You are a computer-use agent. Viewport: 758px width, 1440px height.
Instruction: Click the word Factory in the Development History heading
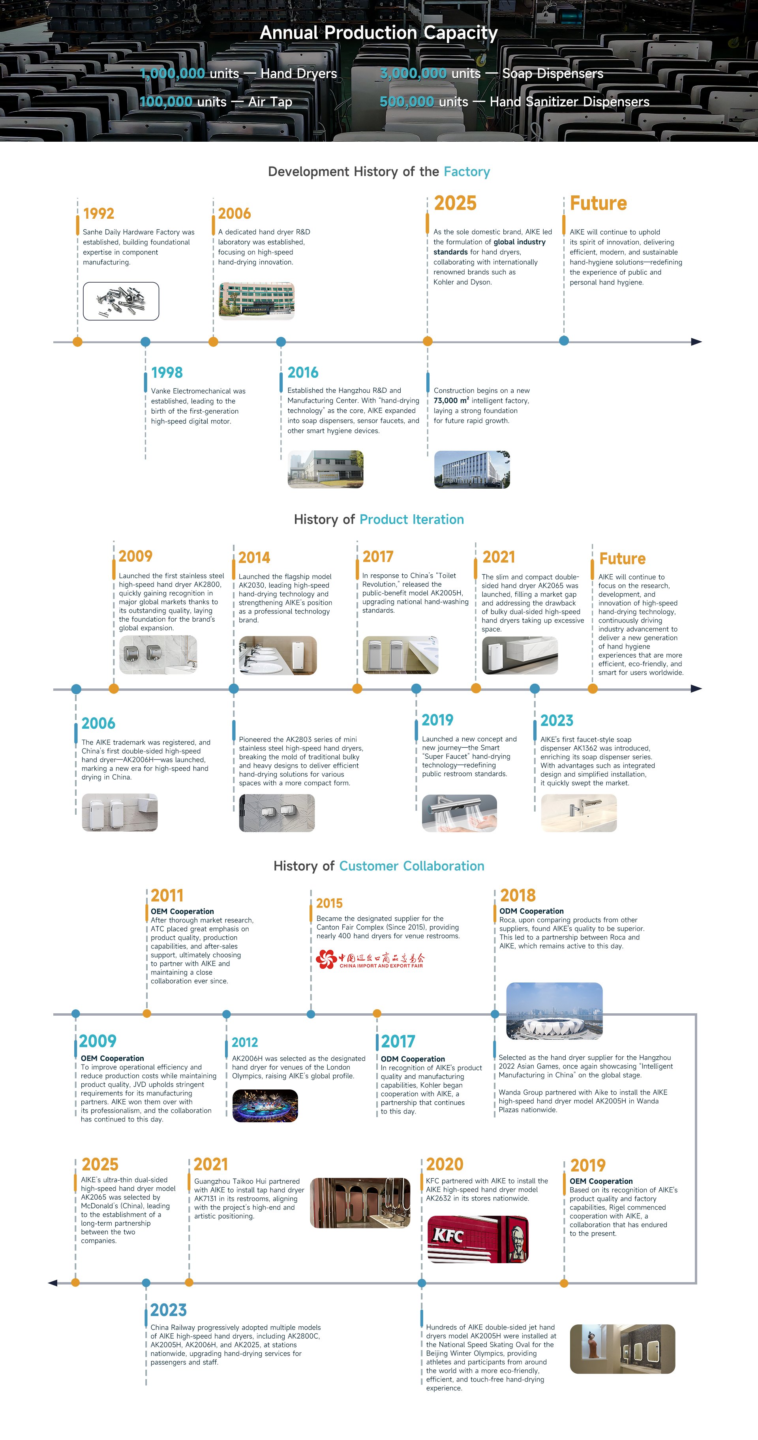[467, 172]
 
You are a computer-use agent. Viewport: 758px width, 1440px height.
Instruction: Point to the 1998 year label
[167, 372]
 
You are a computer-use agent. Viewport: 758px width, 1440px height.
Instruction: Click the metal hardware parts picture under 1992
[121, 301]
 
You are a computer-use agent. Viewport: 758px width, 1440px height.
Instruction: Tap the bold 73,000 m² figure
[451, 401]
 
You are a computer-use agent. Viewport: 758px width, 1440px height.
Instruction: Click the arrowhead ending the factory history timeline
[696, 341]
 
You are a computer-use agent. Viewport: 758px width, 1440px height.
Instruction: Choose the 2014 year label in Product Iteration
[254, 557]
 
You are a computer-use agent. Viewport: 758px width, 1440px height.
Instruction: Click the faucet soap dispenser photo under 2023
[578, 813]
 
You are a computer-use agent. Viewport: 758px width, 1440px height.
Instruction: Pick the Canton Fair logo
[370, 959]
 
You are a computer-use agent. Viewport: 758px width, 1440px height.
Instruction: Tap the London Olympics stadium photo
[265, 1106]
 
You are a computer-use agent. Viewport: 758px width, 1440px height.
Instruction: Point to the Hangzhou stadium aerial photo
[554, 1010]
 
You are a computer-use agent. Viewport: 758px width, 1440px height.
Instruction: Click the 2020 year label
[445, 1164]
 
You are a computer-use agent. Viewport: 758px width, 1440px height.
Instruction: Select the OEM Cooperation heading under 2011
[182, 911]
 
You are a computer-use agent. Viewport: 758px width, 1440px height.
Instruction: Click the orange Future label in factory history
[598, 203]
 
